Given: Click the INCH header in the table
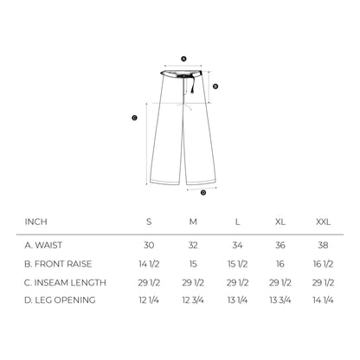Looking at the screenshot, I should click(35, 222).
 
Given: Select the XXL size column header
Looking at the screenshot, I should click(323, 222).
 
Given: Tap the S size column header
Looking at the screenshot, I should click(149, 222).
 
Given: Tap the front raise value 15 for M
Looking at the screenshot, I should click(193, 263).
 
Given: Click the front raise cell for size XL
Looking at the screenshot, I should click(280, 263).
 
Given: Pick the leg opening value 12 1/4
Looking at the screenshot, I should click(149, 301).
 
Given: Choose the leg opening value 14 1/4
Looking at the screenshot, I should click(323, 301).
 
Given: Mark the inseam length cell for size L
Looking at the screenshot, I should click(237, 282).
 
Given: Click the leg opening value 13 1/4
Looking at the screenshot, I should click(237, 301).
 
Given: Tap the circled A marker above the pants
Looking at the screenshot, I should click(183, 59).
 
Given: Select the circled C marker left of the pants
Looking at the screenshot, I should click(134, 118).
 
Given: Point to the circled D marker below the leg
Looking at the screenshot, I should click(203, 192).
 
